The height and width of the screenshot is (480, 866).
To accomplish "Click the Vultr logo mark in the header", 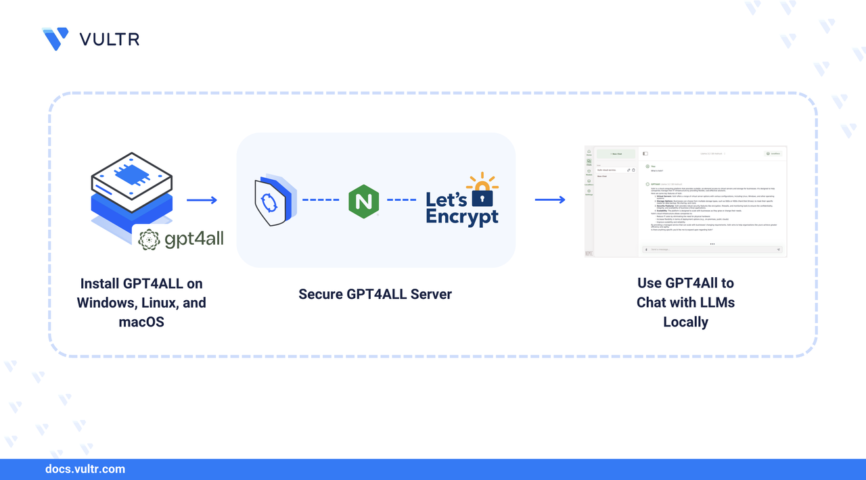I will click(x=55, y=39).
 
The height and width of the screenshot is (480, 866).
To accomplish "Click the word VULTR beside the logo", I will click(x=110, y=39).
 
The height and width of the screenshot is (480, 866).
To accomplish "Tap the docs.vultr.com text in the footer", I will click(x=85, y=469).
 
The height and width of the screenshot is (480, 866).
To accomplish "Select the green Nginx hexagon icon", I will click(x=363, y=201).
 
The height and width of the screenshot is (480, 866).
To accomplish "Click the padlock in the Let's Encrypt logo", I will click(x=482, y=196).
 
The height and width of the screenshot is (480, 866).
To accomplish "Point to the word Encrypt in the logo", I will click(x=462, y=216).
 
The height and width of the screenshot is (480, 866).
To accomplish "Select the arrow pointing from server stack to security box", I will click(x=202, y=200).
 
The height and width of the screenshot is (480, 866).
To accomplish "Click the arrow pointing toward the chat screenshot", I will click(x=549, y=200).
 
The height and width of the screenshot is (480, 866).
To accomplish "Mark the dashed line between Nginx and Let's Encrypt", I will click(x=401, y=200).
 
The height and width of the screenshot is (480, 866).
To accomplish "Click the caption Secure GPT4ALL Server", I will click(x=375, y=294).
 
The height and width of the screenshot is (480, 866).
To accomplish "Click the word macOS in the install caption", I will click(x=141, y=322).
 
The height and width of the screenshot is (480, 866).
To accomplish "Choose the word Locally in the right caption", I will click(x=685, y=322).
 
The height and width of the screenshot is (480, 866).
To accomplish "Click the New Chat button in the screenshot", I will click(x=616, y=154).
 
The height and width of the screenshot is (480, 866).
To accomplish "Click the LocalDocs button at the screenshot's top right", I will click(x=773, y=153).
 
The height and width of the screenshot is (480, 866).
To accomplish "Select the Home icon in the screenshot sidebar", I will click(x=589, y=152).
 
